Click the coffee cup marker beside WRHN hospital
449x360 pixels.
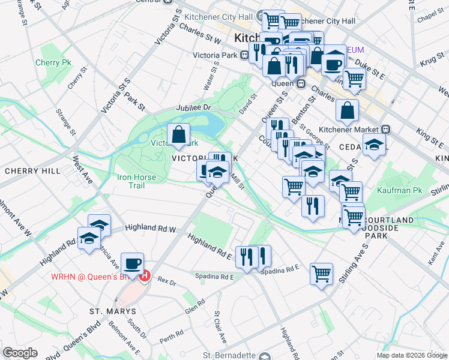[x=132, y=263]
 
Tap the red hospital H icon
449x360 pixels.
[x=144, y=277]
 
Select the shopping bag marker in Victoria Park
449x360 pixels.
[x=178, y=135]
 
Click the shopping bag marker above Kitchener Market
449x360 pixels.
[x=347, y=110]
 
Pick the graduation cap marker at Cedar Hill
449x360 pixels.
[x=374, y=145]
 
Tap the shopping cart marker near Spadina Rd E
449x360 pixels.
[x=322, y=273]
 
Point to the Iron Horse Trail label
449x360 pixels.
[x=137, y=181]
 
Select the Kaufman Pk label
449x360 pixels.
[x=400, y=190]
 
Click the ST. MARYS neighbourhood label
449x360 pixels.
[x=113, y=311]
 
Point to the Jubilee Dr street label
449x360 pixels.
[x=194, y=107]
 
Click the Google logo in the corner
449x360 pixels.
[x=20, y=353]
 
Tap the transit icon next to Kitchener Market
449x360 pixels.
[x=387, y=129]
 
